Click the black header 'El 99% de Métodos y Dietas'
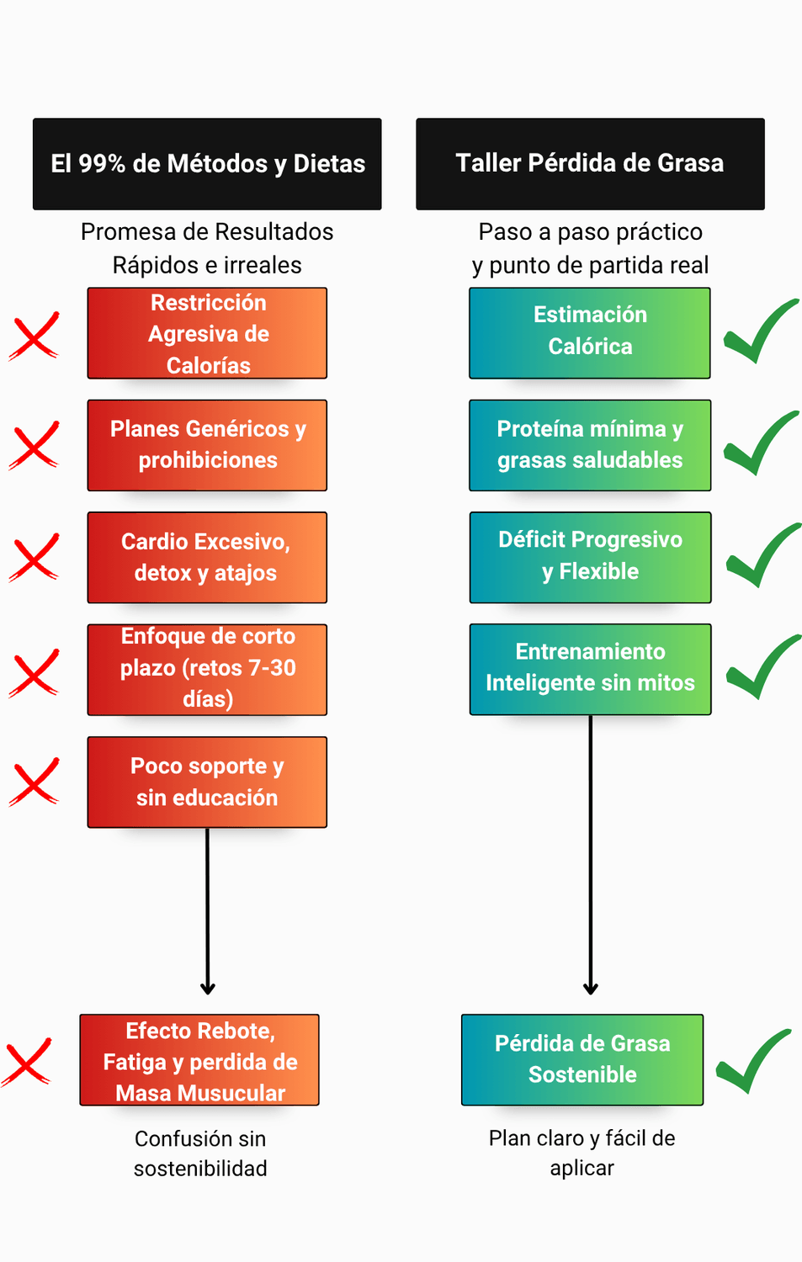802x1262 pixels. coord(207,164)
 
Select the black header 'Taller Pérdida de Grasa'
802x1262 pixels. coord(590,164)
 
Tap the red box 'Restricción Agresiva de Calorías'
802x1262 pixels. coord(207,333)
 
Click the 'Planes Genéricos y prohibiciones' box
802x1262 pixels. coord(207,445)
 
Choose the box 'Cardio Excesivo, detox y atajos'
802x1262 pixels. coord(207,557)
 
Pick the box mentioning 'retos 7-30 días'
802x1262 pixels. coord(207,670)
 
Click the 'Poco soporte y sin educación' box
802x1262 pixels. coord(207,782)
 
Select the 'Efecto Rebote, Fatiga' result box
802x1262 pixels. coord(199,1060)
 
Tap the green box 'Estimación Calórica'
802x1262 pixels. coord(590,333)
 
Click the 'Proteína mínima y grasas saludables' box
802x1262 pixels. coord(590,445)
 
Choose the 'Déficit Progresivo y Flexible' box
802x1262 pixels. coord(590,557)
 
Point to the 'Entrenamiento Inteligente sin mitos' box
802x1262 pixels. coord(590,670)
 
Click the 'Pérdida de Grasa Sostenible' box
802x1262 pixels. coord(582,1060)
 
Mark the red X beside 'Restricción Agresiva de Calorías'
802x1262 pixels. coord(34,336)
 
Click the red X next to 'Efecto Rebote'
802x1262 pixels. coord(26,1062)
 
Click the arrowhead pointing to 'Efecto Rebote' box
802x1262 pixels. coord(207,989)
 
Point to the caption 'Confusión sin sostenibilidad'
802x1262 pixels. coord(200,1153)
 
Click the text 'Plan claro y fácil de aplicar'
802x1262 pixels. coord(582,1153)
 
